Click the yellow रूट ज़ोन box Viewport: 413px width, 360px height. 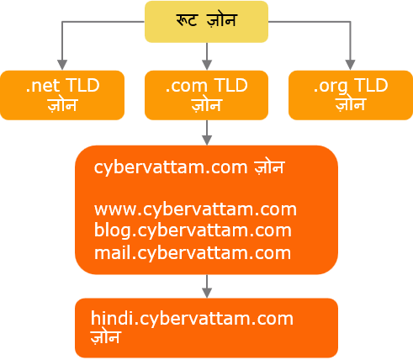[206, 22]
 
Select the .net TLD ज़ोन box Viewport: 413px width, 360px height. [62, 95]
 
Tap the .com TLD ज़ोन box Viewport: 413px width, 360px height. [206, 95]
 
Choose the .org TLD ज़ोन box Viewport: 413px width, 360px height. [351, 95]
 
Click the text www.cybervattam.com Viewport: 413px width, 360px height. [195, 209]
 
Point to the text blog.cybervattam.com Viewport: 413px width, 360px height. [193, 230]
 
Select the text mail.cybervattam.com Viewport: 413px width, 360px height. [193, 253]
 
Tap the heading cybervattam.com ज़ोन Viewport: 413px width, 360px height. [189, 167]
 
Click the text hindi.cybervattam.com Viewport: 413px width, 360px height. [192, 319]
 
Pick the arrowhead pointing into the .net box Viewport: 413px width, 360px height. [62, 65]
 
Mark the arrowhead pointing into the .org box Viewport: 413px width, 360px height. [350, 65]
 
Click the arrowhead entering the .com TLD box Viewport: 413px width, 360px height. [207, 65]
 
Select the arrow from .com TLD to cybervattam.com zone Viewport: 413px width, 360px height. [207, 133]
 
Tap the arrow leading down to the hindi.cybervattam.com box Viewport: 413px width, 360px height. [207, 286]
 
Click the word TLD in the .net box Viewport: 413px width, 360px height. [82, 86]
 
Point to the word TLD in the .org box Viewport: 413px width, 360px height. [371, 85]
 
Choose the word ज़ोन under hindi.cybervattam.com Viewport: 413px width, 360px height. [105, 336]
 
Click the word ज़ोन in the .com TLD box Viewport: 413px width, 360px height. [207, 105]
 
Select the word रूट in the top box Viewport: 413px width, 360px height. [187, 19]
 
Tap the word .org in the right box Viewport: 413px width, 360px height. [331, 87]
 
